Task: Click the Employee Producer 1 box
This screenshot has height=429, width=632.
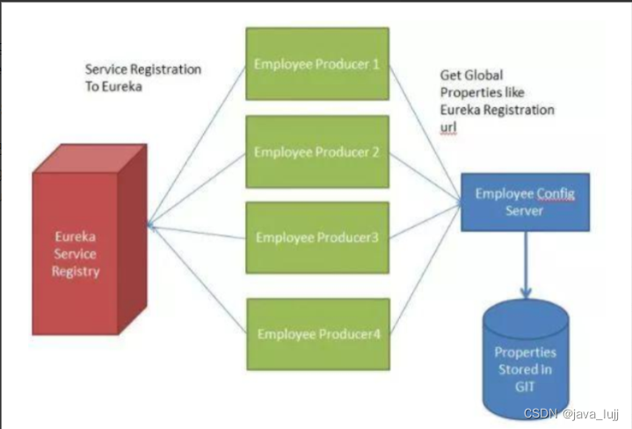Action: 317,64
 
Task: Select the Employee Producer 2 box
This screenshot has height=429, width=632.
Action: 317,151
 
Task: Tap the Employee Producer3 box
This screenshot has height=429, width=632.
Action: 317,237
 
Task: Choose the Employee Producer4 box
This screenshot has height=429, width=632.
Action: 317,334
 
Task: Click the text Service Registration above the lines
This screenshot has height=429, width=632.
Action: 142,69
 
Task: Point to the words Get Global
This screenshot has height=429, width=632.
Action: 471,76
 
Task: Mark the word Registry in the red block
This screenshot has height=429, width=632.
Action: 76,271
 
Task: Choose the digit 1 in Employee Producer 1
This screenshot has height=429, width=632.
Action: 375,64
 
